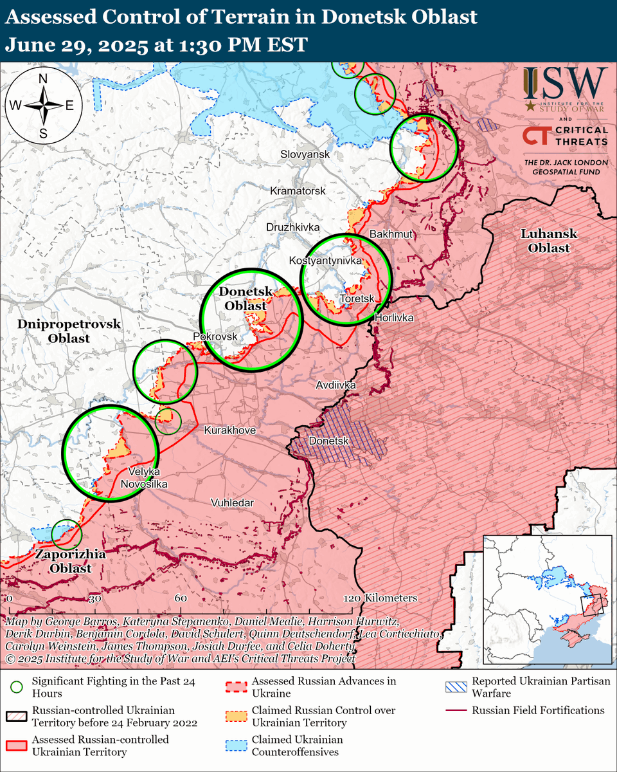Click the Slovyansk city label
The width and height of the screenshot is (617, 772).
click(x=305, y=154)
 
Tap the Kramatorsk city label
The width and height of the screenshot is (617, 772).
click(x=298, y=191)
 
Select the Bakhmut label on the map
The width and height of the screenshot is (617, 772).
click(x=391, y=234)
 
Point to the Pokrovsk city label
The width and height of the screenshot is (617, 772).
click(x=215, y=336)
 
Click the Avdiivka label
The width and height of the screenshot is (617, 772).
click(x=335, y=385)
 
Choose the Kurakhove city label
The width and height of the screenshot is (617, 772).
click(x=229, y=430)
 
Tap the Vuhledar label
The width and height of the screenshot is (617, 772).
click(x=232, y=502)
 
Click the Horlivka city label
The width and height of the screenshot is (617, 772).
click(x=393, y=318)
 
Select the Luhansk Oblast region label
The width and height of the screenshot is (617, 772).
click(x=549, y=241)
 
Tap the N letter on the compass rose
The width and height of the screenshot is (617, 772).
click(x=43, y=79)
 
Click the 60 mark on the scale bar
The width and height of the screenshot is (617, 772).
click(x=180, y=598)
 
